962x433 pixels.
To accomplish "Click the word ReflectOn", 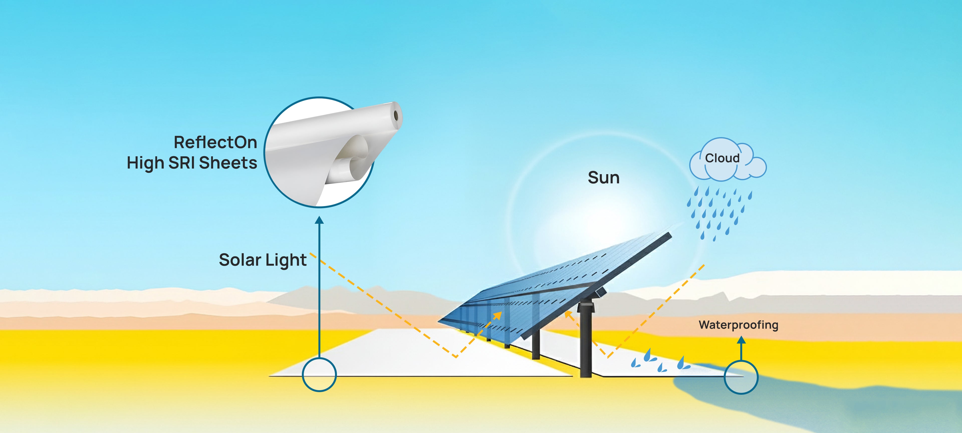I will [215, 142].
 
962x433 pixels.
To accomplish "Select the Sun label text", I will [604, 177].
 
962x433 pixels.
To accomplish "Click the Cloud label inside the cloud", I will [722, 158].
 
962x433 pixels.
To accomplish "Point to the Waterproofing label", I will [738, 325].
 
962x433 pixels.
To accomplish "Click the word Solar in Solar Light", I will [240, 260].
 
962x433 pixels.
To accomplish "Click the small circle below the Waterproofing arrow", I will [741, 377].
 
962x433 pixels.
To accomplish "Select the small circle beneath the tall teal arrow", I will [319, 374].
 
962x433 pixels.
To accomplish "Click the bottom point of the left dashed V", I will [456, 357].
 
